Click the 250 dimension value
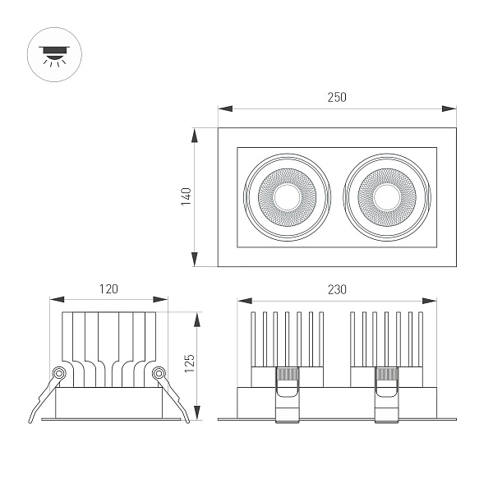coord(337,97)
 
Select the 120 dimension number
coord(108,288)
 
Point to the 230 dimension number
coord(337,288)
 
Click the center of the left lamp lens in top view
coord(288,197)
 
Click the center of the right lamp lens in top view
coord(386,197)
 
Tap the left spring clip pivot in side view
coord(58,374)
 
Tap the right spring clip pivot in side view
coord(159,374)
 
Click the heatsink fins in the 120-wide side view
coord(108,345)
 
